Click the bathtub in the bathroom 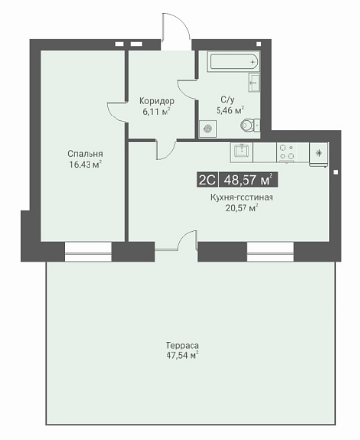point(234,62)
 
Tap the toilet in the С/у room point(250,125)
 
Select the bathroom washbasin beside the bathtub point(254,83)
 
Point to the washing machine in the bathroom point(208,129)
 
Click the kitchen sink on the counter point(242,152)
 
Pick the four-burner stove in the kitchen point(286,152)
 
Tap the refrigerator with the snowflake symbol point(319,154)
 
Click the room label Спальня point(86,154)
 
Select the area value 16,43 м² point(86,165)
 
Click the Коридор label point(157,101)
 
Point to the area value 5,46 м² point(230,110)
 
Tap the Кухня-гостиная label point(242,197)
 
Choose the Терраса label point(182,346)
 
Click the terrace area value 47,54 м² point(182,355)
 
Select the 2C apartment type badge point(207,180)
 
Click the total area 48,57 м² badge point(248,180)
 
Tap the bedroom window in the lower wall point(89,251)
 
